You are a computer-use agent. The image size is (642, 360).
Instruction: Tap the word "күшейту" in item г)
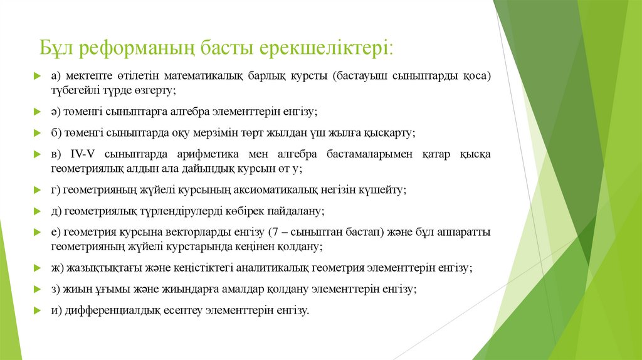[387, 190]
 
